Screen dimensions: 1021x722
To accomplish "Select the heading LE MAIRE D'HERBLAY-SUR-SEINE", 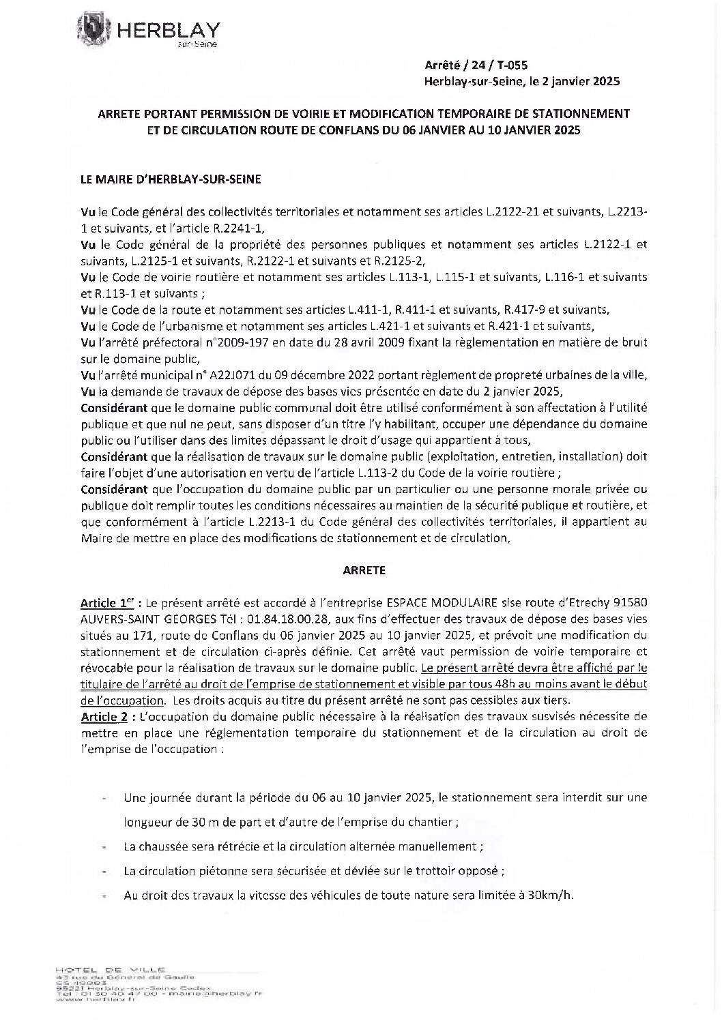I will click(161, 179).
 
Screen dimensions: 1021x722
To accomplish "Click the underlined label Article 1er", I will click(103, 604).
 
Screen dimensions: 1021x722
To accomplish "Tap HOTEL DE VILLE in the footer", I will click(111, 969).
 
